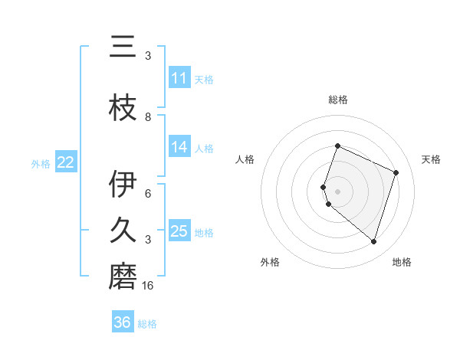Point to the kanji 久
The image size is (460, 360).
click(123, 231)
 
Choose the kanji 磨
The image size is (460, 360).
click(123, 277)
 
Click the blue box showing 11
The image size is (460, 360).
click(179, 78)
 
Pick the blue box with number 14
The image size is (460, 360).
click(179, 148)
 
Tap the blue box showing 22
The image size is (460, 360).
click(66, 162)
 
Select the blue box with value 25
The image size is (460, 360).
click(179, 231)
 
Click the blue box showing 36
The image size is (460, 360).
click(123, 322)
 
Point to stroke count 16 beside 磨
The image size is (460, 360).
click(148, 286)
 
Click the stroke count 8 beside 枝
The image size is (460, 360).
click(148, 116)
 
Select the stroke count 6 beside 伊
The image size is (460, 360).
click(148, 194)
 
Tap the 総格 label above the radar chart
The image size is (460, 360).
click(338, 100)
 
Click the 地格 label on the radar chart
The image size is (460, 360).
click(402, 262)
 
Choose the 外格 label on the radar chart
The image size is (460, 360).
click(270, 262)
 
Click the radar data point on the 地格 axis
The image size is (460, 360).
click(373, 242)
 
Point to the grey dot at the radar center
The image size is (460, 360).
click(338, 191)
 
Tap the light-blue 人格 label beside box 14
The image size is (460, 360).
click(204, 149)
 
